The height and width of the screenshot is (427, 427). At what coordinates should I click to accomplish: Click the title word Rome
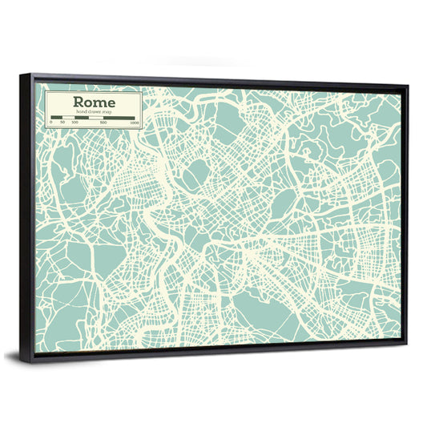94,102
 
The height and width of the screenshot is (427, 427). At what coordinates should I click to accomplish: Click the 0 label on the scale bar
51,123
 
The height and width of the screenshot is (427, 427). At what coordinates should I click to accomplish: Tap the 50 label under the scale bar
62,123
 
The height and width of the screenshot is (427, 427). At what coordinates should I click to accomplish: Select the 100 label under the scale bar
75,123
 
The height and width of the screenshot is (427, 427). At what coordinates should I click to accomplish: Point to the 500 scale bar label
103,123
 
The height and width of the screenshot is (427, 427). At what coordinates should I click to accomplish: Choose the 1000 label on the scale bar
134,123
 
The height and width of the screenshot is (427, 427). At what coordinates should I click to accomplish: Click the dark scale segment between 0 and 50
57,118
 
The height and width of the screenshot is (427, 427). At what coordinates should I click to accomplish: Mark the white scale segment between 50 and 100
69,118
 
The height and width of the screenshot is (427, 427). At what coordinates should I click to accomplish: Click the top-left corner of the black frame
22,75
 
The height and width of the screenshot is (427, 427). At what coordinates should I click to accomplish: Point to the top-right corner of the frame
407,87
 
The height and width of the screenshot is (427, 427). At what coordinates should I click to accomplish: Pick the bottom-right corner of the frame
406,343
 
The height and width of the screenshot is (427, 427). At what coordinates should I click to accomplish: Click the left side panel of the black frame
27,216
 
